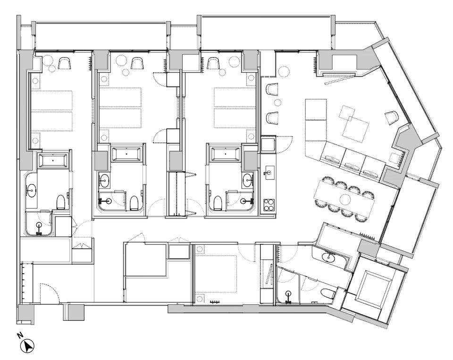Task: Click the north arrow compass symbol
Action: (27, 346)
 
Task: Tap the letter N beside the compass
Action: (20, 335)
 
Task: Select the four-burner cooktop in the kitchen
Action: (268, 206)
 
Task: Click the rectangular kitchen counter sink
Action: (268, 172)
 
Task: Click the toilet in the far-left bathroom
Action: (61, 202)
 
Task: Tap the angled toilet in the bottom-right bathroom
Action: (328, 294)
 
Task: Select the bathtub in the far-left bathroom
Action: (52, 160)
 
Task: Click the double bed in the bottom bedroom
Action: (216, 273)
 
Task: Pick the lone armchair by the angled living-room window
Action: (392, 117)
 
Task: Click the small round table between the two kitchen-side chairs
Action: (277, 102)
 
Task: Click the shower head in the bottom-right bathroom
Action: (288, 297)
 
